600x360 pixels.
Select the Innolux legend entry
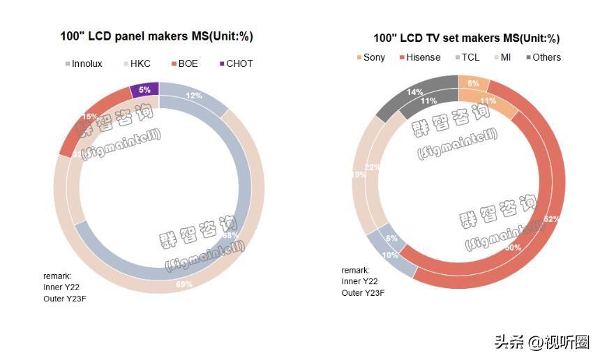pos(83,63)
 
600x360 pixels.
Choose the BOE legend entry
pos(183,63)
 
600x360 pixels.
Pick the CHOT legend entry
pos(234,63)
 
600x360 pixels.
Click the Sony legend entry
pos(370,57)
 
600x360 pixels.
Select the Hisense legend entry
pos(419,57)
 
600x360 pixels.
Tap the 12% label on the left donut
pos(194,96)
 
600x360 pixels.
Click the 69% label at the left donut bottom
pos(184,284)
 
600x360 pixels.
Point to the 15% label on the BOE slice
pos(90,117)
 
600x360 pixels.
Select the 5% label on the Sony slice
pos(474,84)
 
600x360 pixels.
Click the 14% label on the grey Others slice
pos(415,91)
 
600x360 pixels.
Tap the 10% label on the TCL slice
pos(390,255)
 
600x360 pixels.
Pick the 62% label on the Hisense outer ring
pos(552,219)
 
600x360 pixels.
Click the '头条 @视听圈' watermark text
pos(541,343)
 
